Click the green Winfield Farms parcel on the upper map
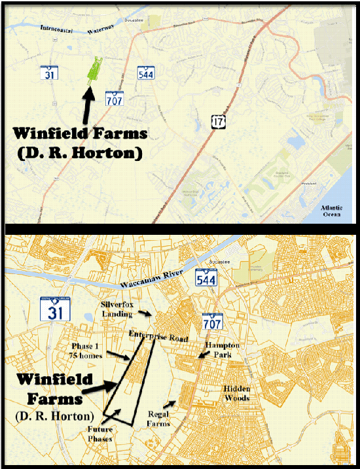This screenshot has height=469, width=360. (96, 68)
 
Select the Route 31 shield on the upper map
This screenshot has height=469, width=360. (48, 73)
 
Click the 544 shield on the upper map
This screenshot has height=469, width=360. (146, 73)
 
